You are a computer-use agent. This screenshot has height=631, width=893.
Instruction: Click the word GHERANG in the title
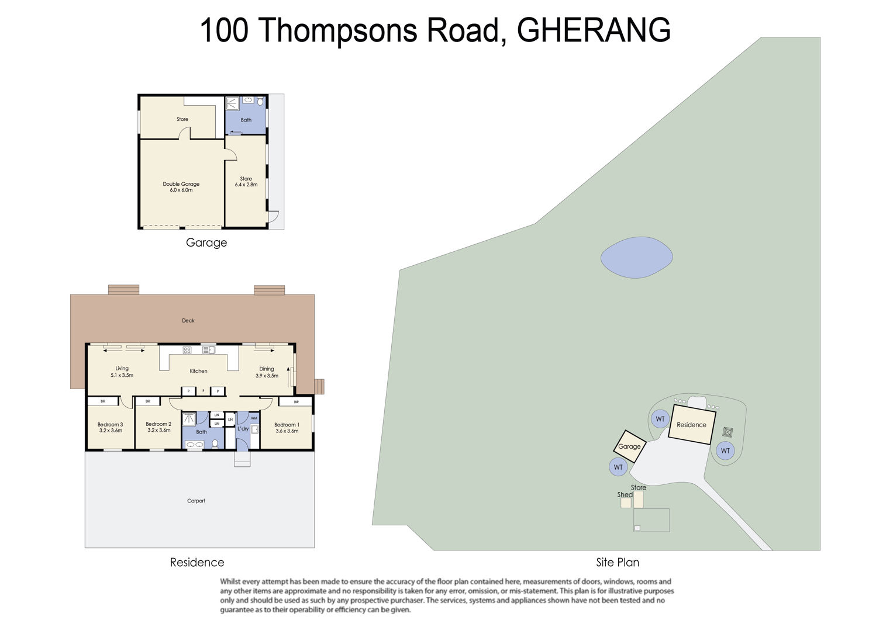tap(594, 30)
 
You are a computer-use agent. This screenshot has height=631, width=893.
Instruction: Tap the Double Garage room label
tap(181, 187)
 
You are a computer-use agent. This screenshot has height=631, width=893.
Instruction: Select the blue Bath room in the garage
tap(246, 115)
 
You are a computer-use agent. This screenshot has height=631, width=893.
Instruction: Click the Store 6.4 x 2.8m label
tap(246, 182)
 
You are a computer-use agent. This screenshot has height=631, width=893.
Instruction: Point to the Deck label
tap(188, 320)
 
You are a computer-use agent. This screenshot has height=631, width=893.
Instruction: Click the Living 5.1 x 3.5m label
tap(122, 372)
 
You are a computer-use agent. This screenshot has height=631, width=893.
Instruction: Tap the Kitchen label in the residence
tap(198, 371)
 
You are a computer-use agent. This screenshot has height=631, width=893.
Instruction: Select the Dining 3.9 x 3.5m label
tap(267, 372)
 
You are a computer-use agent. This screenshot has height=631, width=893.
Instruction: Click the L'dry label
tap(243, 429)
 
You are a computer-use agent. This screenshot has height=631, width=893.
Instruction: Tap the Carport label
tap(196, 501)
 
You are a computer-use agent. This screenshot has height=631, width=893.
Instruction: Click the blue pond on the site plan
tap(637, 257)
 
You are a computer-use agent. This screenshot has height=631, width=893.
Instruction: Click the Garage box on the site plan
tap(629, 446)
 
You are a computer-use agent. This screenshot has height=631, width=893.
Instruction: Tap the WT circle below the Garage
tap(618, 467)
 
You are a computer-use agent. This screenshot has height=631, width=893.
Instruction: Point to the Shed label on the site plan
tap(625, 494)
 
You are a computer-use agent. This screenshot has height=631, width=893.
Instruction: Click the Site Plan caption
tap(618, 562)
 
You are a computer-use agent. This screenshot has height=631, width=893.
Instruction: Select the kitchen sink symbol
tap(209, 350)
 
